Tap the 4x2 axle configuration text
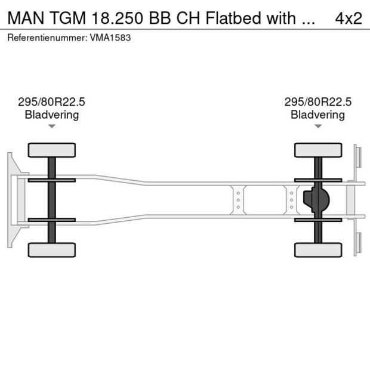(349, 18)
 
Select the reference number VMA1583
(110, 38)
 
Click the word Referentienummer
(47, 38)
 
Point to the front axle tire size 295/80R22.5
(51, 102)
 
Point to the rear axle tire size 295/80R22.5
(317, 102)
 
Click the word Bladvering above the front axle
(51, 115)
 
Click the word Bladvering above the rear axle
(317, 115)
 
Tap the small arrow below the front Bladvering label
(52, 126)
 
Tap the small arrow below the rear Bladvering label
(318, 126)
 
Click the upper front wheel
(51, 150)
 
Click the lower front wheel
(51, 249)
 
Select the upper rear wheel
(317, 150)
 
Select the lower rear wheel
(317, 249)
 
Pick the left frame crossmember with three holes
(238, 200)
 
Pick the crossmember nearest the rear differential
(291, 200)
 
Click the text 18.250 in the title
(117, 18)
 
